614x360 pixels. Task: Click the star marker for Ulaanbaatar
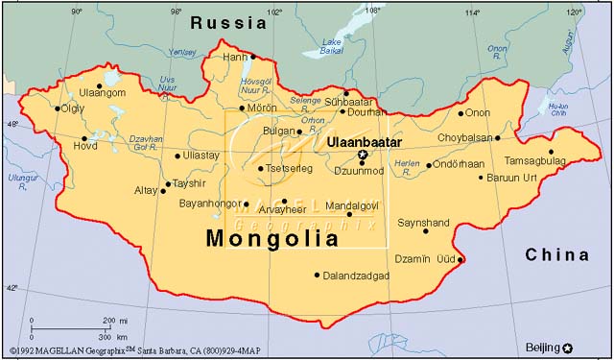pos(363,155)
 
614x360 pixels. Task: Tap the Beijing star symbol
pos(569,348)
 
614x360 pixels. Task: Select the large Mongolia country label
pos(273,238)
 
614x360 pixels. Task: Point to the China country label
pos(557,254)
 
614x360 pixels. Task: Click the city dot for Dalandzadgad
pos(318,275)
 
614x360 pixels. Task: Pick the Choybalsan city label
pos(464,137)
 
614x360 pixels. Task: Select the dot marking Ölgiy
pos(58,109)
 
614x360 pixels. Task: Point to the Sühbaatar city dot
pos(347,93)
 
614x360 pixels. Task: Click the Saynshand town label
pos(424,221)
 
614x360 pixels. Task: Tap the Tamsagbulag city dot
pos(552,152)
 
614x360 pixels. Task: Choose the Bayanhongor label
pos(212,204)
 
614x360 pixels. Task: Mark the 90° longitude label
pos(77,12)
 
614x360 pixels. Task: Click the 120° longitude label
pos(574,12)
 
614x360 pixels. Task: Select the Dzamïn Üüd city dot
pos(461,259)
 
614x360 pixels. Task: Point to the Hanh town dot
pos(254,57)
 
